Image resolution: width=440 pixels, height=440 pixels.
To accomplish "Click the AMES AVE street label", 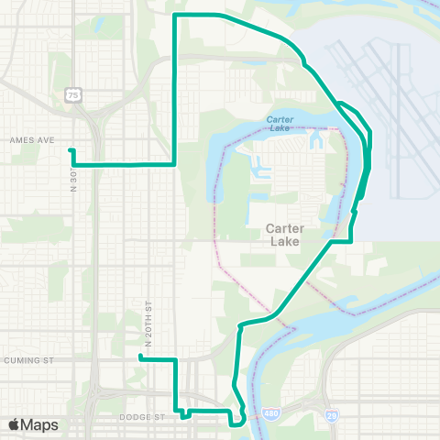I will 33,140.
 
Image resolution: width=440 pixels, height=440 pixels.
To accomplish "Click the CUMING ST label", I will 27,360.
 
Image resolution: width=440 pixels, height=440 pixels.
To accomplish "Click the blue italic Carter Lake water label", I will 280,120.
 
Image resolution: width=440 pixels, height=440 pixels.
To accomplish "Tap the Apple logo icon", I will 15,424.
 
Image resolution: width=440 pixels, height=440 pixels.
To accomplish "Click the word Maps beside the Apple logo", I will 39,424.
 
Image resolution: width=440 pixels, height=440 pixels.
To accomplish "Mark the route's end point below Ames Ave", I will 71,150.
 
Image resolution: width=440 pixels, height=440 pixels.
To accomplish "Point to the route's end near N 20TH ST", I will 139,358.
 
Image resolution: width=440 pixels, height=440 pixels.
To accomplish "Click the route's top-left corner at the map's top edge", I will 175,16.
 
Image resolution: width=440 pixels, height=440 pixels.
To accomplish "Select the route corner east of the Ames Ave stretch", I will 174,164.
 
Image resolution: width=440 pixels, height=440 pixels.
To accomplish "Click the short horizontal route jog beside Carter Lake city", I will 341,241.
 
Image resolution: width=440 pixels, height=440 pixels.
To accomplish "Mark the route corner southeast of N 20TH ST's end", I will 174,360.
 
